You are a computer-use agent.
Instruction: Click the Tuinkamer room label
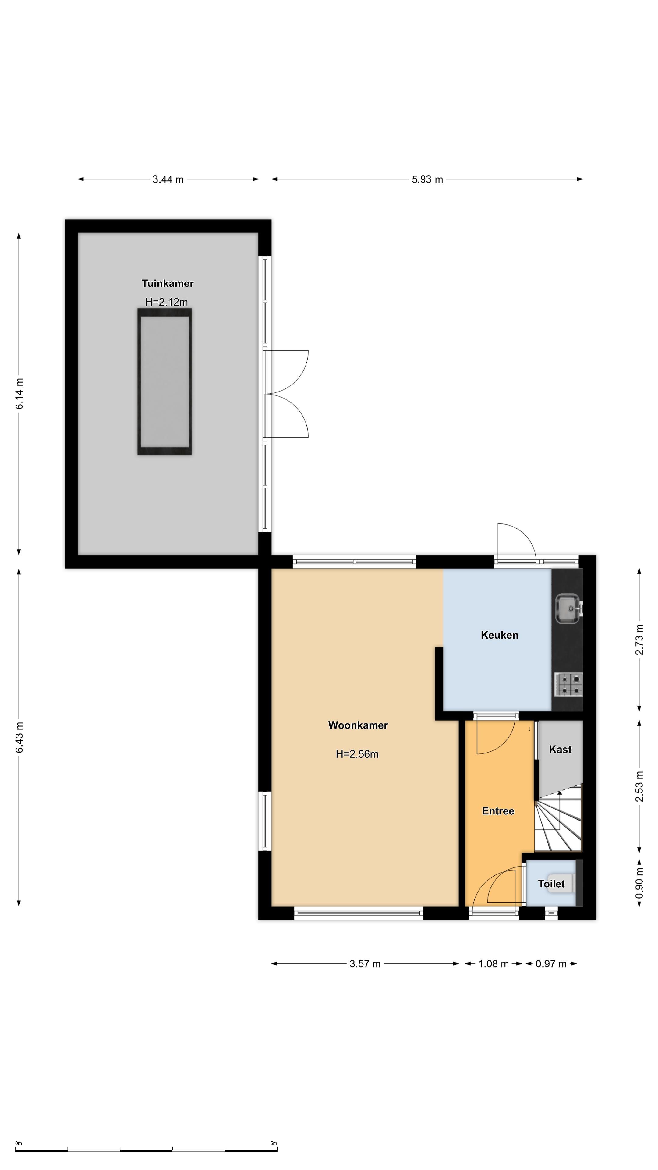pos(168,283)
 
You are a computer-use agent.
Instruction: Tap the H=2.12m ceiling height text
pos(166,302)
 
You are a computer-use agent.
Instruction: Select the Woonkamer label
pos(358,725)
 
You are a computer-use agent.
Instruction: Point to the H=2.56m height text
pos(357,754)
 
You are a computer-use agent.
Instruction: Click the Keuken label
pos(500,635)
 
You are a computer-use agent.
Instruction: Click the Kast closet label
pos(560,750)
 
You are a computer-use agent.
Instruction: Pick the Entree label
pos(498,811)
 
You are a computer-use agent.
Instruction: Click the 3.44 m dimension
pos(168,179)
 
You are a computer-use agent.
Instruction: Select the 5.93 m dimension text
pos(427,179)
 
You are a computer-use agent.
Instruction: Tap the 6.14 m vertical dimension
pos(19,394)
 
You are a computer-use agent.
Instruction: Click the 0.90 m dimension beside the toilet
pos(639,883)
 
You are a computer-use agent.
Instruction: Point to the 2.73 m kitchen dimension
pos(639,640)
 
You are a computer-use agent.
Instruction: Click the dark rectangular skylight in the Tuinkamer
pos(164,381)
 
